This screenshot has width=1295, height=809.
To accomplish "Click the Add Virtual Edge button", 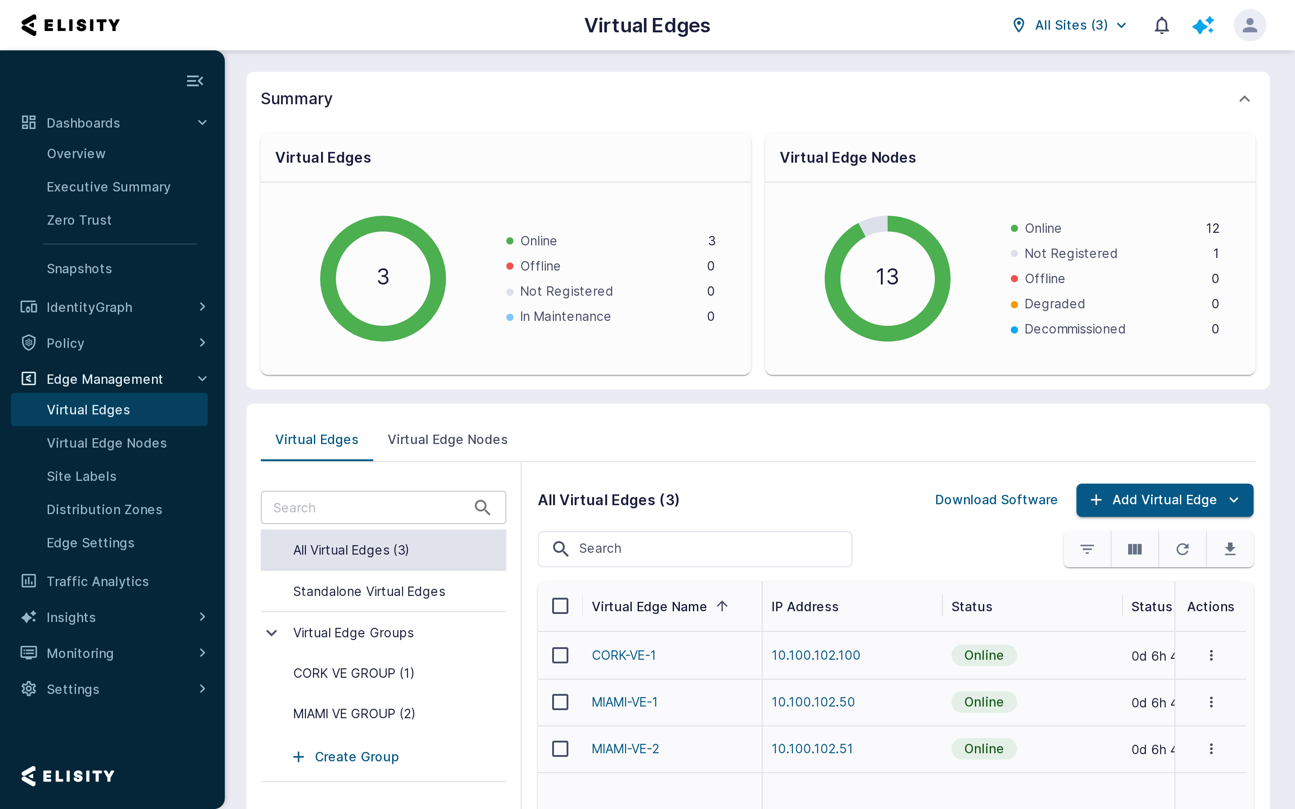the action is coord(1165,500).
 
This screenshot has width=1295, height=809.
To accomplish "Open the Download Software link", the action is coord(996,500).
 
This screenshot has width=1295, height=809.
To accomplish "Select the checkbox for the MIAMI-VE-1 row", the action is coord(560,702).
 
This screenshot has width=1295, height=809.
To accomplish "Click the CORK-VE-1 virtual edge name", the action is coord(623,655).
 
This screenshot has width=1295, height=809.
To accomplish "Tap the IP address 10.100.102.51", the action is coord(812,748).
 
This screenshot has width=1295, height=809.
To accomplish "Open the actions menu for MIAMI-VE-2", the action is coord(1211,748).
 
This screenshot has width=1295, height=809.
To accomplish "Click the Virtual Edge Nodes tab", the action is coord(447,439).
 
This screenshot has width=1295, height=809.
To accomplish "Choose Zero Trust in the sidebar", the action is coord(79,220).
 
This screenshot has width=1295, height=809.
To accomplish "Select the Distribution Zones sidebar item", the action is coord(104,509).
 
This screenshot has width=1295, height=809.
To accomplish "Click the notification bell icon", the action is coord(1161,25).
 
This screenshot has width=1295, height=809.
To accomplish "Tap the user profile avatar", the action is coord(1250,25).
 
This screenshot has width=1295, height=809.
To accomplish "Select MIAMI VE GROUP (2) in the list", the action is coord(354,713).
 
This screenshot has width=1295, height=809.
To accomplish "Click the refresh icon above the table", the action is coord(1182,549).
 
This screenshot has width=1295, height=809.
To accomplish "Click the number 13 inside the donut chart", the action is coord(887,276).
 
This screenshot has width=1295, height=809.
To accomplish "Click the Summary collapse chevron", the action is coord(1244,99).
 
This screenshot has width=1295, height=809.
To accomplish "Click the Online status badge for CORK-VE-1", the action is coord(983,655).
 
